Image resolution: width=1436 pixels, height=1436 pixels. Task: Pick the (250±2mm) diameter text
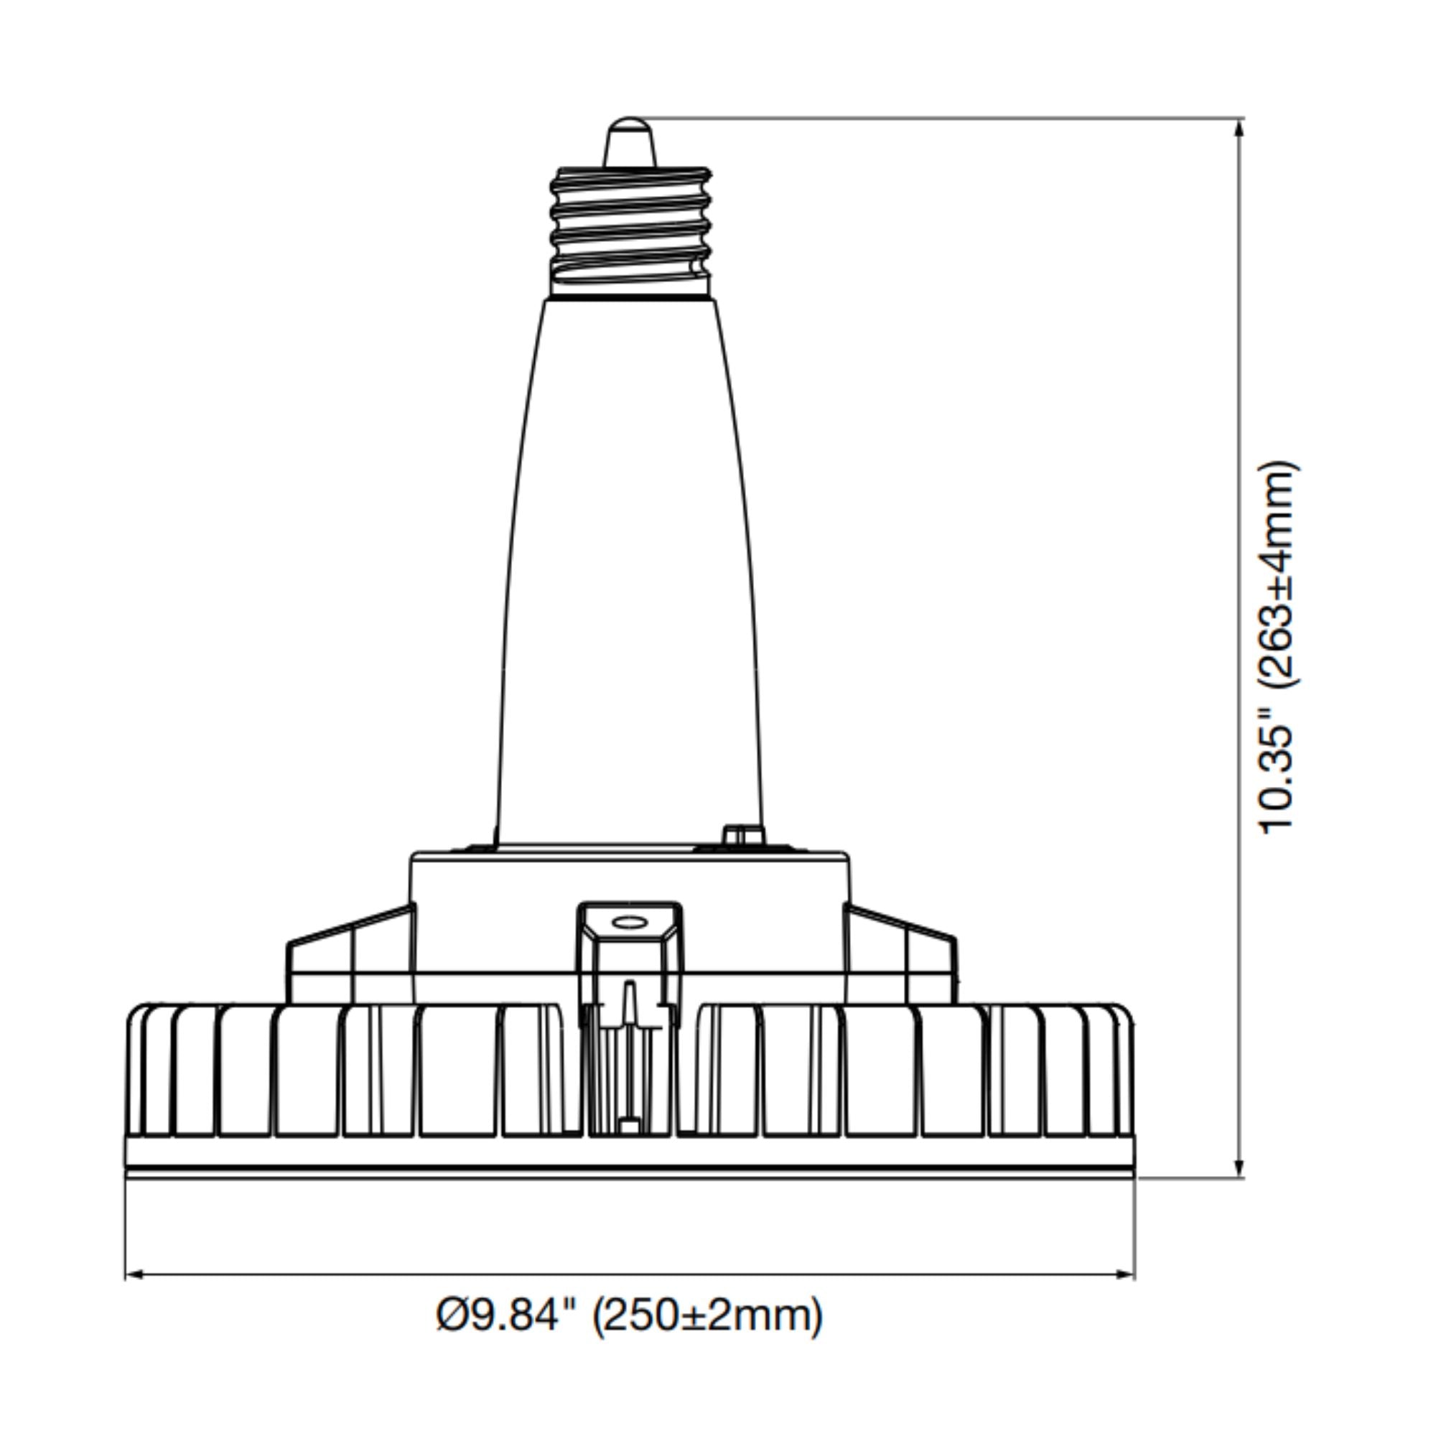(707, 1315)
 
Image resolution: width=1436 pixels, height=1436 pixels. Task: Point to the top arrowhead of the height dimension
(1239, 129)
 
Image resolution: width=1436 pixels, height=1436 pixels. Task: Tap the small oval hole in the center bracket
(629, 923)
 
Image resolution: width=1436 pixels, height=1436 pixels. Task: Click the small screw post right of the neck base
(735, 835)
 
